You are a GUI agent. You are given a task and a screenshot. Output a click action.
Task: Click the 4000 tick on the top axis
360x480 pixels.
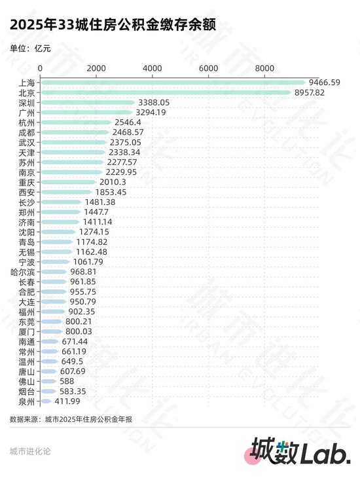click(x=152, y=69)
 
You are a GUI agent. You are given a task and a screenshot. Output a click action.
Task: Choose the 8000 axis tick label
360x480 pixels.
click(x=264, y=69)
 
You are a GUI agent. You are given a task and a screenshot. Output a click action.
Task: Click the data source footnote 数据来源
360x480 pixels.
click(x=71, y=419)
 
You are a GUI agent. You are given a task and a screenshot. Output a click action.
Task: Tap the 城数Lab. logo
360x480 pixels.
click(x=300, y=452)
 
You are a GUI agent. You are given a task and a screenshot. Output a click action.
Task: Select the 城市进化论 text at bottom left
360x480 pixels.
click(x=29, y=451)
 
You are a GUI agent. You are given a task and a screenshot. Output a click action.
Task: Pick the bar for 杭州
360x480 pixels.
click(x=76, y=122)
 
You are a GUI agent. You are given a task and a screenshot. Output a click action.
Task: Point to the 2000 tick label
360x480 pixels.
click(x=96, y=69)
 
